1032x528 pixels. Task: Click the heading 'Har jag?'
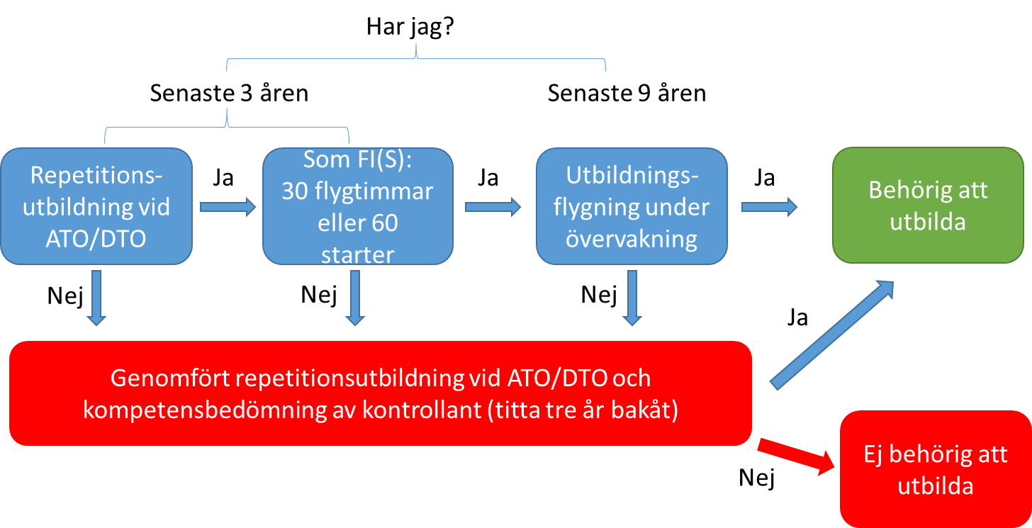click(410, 28)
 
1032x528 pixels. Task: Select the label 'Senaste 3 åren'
click(229, 93)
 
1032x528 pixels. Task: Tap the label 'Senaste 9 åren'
click(627, 93)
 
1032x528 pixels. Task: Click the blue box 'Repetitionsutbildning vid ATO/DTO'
click(96, 206)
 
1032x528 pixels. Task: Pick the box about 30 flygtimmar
click(358, 206)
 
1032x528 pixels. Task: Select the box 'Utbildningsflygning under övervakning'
click(632, 206)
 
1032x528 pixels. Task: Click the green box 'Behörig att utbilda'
click(928, 206)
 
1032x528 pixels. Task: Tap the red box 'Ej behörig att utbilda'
click(936, 469)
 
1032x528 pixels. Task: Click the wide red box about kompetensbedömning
click(381, 393)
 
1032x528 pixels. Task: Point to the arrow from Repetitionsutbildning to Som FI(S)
click(228, 207)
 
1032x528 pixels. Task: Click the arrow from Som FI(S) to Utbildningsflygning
click(493, 207)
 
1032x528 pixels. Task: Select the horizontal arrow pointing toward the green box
click(769, 207)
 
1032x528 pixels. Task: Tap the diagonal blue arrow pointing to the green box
click(832, 335)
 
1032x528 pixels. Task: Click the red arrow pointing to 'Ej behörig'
click(796, 456)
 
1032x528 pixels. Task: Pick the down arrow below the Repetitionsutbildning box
click(96, 298)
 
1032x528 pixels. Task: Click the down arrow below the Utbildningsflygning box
click(632, 298)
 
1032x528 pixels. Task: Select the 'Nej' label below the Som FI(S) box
click(319, 295)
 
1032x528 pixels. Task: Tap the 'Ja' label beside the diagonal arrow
click(797, 318)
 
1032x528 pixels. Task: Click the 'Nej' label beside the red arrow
click(756, 478)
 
